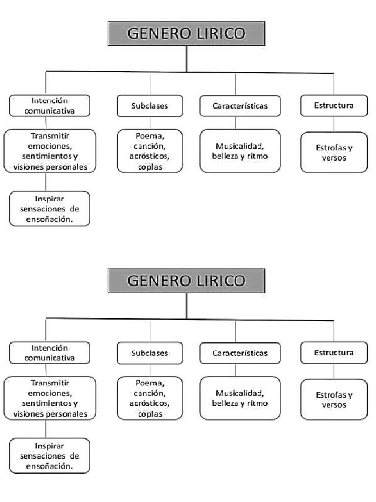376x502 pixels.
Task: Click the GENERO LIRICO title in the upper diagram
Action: click(186, 34)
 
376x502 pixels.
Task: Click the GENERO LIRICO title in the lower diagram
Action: click(186, 281)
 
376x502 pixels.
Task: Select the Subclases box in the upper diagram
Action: click(149, 106)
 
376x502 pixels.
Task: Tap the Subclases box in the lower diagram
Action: click(149, 353)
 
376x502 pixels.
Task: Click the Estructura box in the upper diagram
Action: click(334, 105)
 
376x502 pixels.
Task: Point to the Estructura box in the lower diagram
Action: click(334, 352)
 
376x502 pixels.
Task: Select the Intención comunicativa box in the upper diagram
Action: click(49, 105)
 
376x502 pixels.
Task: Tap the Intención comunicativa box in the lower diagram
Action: click(49, 352)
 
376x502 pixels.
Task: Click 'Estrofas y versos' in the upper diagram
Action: click(334, 152)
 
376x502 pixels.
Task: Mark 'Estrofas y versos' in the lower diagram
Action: click(334, 400)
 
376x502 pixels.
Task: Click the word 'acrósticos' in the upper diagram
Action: click(149, 156)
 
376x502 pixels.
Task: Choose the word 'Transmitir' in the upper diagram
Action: click(49, 136)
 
